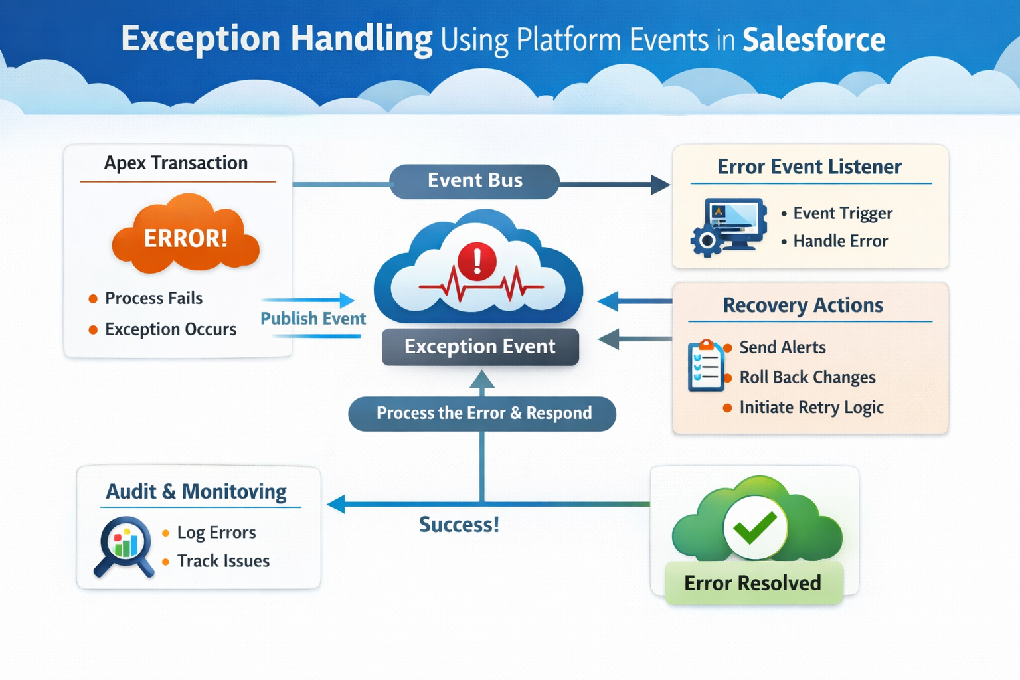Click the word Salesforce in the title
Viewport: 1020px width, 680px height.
pos(813,40)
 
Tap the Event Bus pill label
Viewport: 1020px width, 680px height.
pos(475,181)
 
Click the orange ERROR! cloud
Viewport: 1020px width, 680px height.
pos(186,236)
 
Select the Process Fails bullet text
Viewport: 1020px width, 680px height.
pos(153,298)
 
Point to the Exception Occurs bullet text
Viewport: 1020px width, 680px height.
pos(171,329)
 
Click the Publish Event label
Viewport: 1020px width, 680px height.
pos(313,319)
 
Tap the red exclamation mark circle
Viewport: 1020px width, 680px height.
pos(477,260)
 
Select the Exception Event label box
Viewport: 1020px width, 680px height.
pos(480,347)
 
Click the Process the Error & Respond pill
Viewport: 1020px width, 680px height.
pos(483,413)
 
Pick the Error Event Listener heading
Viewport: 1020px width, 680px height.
pos(809,167)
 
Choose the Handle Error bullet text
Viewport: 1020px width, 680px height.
pos(840,241)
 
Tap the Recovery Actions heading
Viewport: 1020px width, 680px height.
pos(803,305)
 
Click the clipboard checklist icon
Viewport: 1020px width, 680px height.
pos(705,365)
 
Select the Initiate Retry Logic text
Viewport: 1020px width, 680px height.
pos(811,407)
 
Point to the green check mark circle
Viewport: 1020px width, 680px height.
pos(755,528)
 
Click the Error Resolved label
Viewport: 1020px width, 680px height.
pos(752,583)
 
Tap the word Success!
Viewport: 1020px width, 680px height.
pos(459,525)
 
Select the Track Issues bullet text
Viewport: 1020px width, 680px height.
pos(223,561)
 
